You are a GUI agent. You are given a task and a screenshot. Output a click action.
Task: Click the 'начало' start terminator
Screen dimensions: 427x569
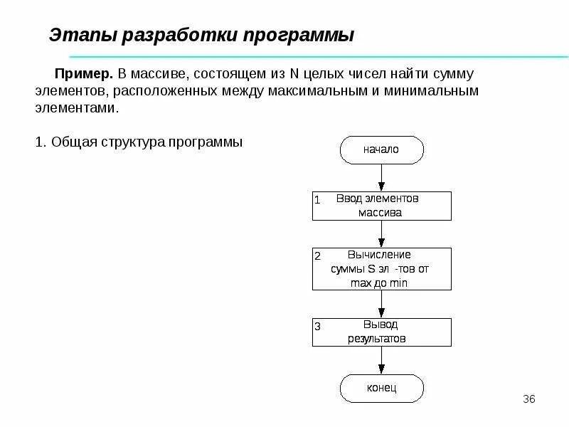point(381,150)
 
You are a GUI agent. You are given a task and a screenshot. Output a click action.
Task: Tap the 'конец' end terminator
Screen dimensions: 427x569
point(381,388)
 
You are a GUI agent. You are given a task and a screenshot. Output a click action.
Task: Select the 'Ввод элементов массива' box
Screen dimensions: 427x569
point(381,206)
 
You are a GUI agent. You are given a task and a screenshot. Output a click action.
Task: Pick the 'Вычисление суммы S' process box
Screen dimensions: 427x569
point(381,269)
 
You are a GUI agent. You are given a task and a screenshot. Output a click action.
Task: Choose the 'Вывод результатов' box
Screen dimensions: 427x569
point(381,332)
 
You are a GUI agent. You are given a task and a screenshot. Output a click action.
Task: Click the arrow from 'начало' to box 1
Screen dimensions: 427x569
point(382,177)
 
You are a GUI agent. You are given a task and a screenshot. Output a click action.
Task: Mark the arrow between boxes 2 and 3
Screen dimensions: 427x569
point(382,304)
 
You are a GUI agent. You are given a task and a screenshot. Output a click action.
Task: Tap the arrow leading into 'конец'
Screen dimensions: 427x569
point(382,361)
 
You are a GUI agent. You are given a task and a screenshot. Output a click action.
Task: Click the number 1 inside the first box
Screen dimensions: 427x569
point(317,200)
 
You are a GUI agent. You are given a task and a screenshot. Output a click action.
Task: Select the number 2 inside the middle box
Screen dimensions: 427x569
point(318,256)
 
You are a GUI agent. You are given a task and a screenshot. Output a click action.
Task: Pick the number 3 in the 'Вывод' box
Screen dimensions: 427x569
point(318,327)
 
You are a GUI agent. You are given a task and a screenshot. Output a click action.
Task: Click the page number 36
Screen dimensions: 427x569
point(528,398)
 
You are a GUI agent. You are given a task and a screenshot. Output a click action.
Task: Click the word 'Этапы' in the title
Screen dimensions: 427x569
point(78,35)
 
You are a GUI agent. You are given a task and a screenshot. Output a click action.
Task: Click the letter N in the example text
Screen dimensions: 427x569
point(293,74)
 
